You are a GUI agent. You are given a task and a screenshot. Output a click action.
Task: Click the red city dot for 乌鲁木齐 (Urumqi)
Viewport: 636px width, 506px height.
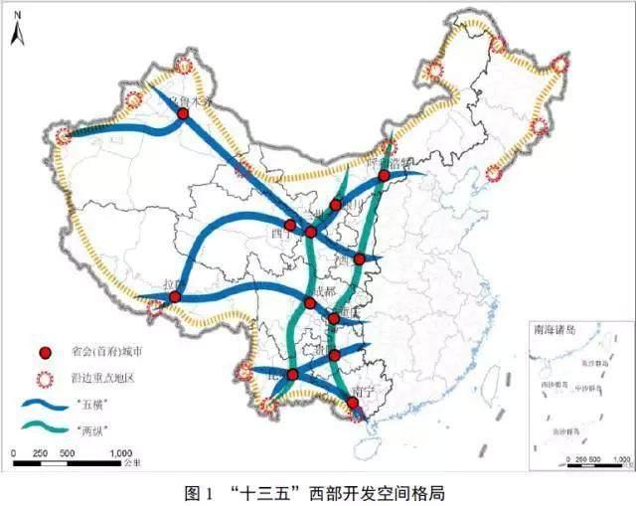[x=183, y=114]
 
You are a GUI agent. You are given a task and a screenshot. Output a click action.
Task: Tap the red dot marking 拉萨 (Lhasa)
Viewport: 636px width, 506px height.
[x=175, y=296]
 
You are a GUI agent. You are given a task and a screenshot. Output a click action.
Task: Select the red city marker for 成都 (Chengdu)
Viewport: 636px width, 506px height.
[x=310, y=303]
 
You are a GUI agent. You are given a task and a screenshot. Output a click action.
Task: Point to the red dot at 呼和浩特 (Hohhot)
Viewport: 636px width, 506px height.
[x=384, y=176]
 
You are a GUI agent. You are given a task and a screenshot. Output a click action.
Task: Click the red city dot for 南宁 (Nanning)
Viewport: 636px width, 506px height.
[x=352, y=403]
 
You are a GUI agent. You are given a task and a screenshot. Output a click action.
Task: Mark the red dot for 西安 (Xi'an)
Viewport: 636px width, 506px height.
[x=359, y=258]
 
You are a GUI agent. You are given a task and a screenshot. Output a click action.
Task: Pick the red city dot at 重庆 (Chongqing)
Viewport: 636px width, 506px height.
[x=333, y=319]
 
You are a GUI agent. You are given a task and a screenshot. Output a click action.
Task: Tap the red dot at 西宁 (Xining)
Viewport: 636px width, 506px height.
[x=290, y=225]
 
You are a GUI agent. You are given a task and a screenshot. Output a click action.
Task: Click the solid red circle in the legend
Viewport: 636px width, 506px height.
[x=44, y=353]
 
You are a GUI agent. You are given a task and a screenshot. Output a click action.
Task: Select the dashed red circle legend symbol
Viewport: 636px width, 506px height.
[x=44, y=378]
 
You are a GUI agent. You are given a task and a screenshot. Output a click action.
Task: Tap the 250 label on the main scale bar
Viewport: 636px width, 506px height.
[x=41, y=453]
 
